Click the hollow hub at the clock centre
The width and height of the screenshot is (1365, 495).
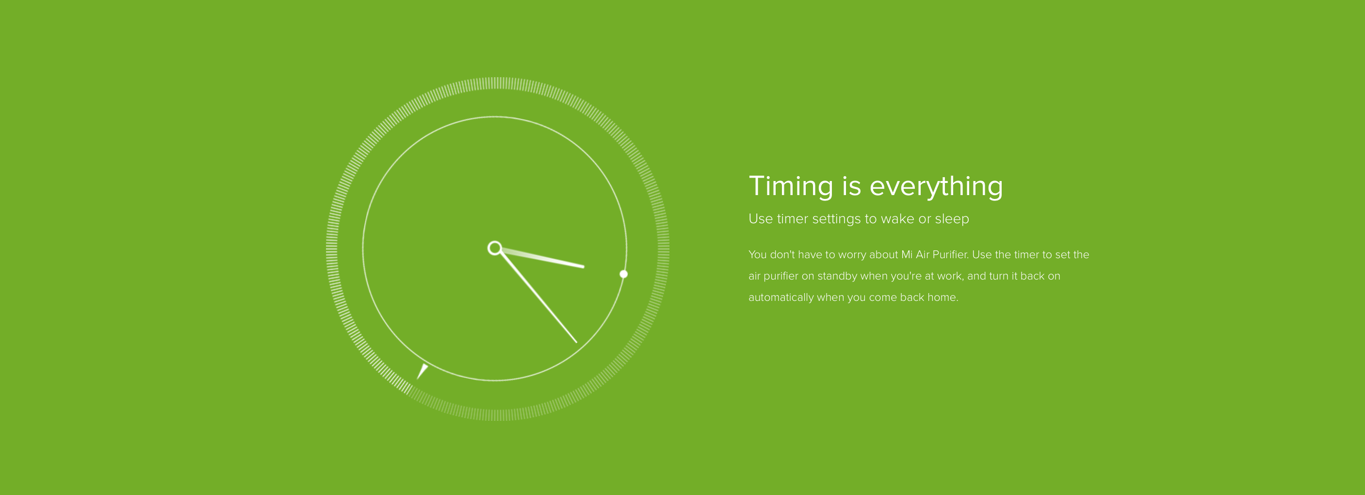click(x=494, y=248)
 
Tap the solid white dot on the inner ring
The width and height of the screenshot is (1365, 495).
click(x=624, y=274)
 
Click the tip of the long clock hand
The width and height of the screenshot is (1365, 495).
click(x=577, y=342)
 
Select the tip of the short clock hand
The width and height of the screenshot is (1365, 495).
click(x=584, y=266)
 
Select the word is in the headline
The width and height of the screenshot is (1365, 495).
click(x=851, y=186)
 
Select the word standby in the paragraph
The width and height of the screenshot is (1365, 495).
click(x=837, y=276)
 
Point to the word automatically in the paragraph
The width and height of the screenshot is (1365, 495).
click(x=781, y=297)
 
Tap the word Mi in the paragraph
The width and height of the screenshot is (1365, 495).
click(x=907, y=254)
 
